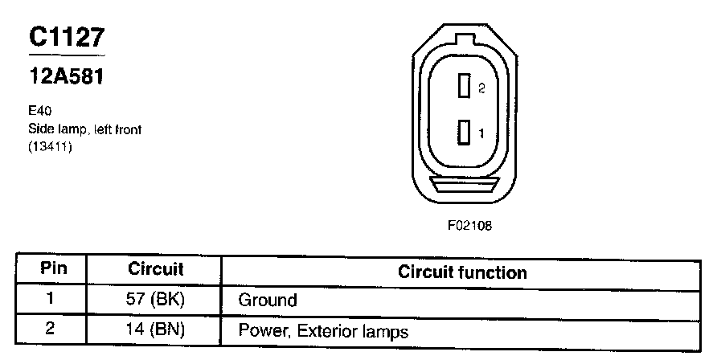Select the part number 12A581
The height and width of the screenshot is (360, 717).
click(66, 79)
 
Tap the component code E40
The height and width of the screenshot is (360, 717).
click(40, 113)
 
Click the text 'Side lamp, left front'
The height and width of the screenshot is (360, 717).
click(84, 129)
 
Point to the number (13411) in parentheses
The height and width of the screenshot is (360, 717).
click(50, 145)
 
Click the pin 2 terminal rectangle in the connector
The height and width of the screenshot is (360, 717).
click(464, 87)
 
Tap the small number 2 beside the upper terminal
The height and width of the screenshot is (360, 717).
click(481, 88)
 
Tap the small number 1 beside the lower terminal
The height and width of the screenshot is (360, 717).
click(481, 133)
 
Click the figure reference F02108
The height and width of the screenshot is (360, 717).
click(469, 226)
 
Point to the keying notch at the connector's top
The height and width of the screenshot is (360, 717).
click(465, 39)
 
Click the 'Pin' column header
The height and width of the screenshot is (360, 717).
click(53, 270)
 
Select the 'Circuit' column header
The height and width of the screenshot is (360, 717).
click(156, 270)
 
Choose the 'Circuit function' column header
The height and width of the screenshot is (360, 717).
click(462, 272)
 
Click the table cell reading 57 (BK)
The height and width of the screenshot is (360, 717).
click(156, 301)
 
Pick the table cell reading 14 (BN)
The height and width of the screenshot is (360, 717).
click(156, 330)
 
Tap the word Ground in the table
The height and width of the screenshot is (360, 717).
click(268, 301)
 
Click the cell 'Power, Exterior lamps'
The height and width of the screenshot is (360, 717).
click(323, 330)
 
